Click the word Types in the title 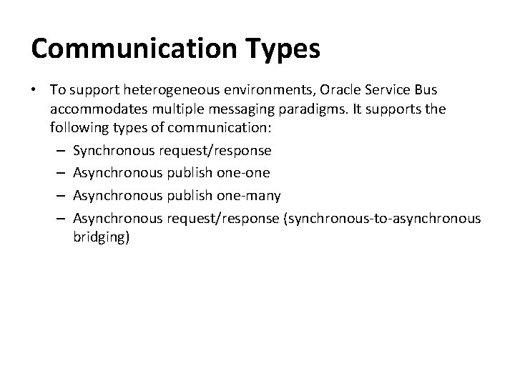pyautogui.click(x=285, y=50)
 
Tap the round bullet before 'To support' pyautogui.click(x=36, y=90)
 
